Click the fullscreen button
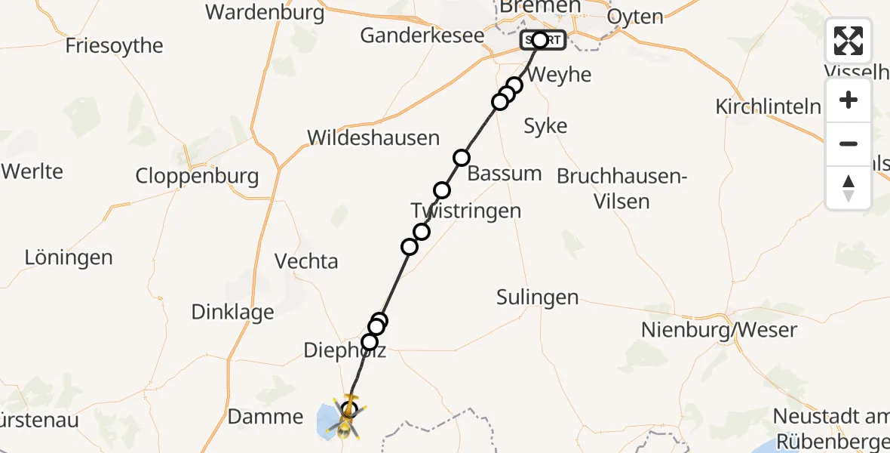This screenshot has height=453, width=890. tap(849, 41)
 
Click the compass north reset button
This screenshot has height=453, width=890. tap(849, 187)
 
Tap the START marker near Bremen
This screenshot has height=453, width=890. tap(542, 40)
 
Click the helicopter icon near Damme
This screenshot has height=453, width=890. tap(348, 418)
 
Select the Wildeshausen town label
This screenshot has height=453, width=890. tap(373, 138)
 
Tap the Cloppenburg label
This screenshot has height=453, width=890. tap(197, 177)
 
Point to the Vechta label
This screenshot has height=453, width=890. tap(306, 261)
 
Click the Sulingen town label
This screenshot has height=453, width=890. tap(538, 297)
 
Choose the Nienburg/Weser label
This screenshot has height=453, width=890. tap(719, 329)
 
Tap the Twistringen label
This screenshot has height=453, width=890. tap(466, 211)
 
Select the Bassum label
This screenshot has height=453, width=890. tap(505, 173)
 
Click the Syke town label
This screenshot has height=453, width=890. tap(545, 126)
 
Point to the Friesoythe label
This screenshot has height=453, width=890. tap(115, 45)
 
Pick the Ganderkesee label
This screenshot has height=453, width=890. tap(422, 35)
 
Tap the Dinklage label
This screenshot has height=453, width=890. tap(232, 312)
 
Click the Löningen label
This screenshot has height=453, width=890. tap(69, 257)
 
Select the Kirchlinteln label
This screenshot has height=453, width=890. tap(769, 106)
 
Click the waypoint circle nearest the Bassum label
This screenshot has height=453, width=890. tap(462, 158)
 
